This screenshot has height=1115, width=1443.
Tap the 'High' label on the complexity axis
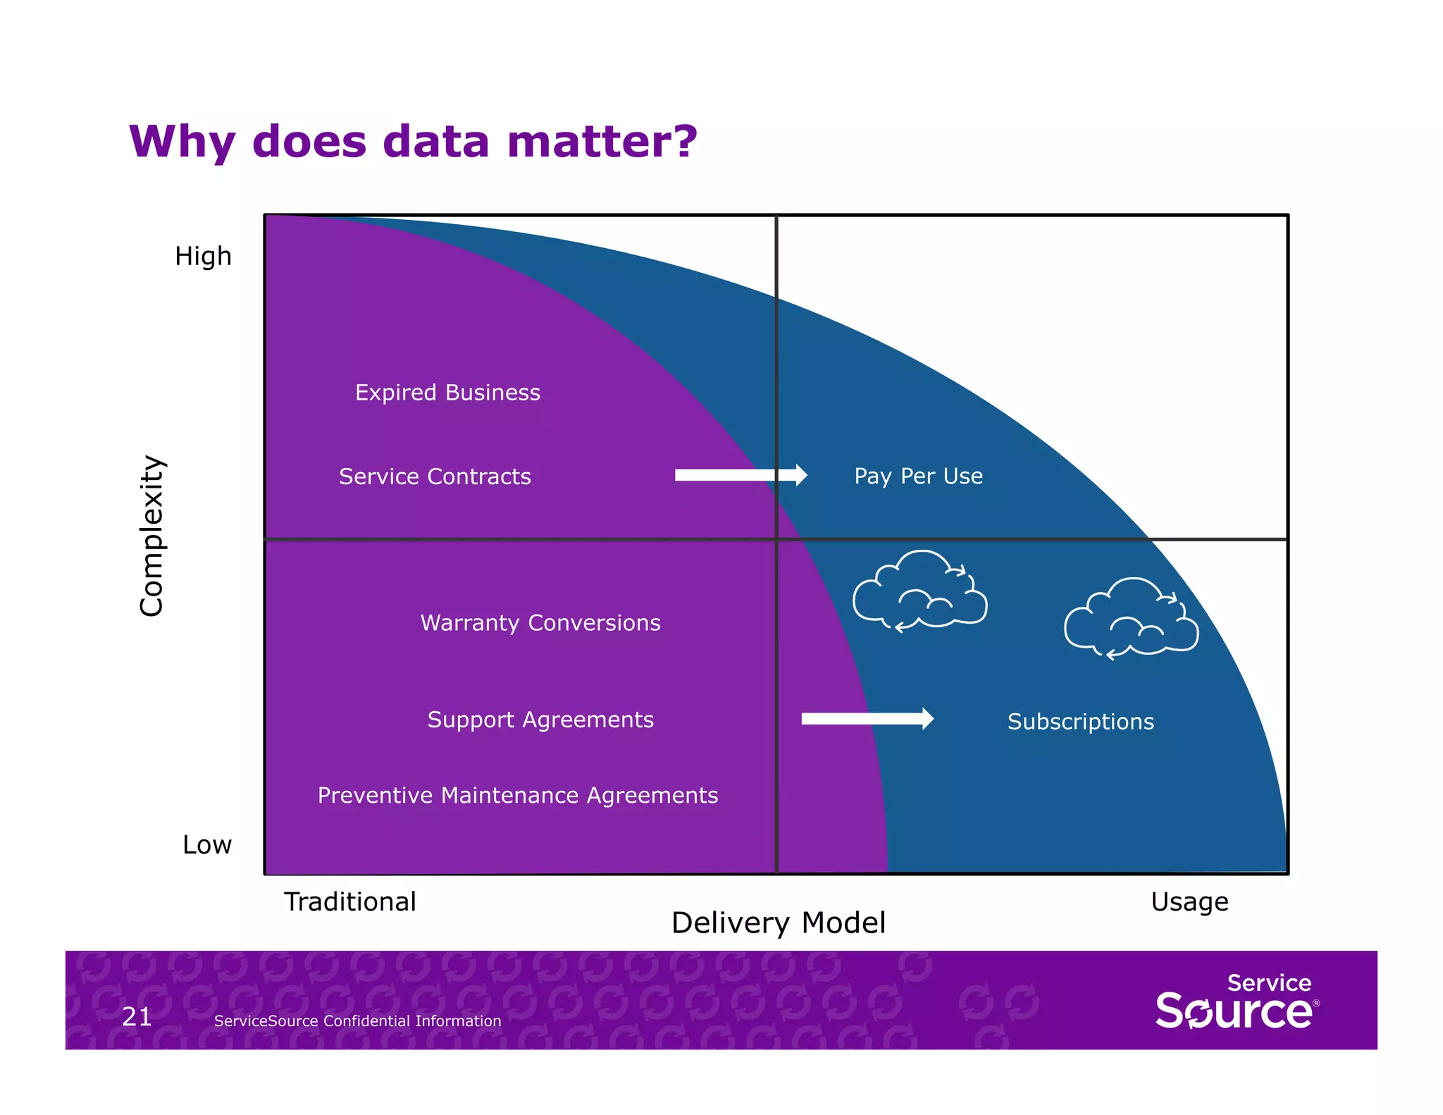tap(203, 256)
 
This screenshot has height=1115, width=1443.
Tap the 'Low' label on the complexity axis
tap(206, 844)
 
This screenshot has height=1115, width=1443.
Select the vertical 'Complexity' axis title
tap(151, 536)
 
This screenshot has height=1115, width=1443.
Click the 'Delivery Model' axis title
tap(778, 923)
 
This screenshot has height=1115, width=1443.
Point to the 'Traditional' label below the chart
tap(349, 901)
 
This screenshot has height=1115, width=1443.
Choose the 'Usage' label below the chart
tap(1189, 901)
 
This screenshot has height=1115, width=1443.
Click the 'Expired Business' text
tap(447, 393)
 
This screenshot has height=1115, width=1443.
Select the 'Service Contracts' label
tap(435, 476)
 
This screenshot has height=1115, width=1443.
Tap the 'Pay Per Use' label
tap(918, 476)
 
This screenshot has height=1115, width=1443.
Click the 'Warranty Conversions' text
tap(540, 623)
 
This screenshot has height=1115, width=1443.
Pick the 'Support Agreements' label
tap(540, 720)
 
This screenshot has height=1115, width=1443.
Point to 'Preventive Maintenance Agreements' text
tap(518, 795)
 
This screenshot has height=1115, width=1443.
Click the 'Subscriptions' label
tap(1080, 722)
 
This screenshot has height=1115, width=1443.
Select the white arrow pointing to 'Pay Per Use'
tap(740, 475)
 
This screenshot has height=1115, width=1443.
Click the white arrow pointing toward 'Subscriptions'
tap(867, 719)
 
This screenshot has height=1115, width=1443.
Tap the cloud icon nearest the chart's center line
tap(919, 591)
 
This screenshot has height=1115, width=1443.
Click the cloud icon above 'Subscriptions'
tap(1130, 619)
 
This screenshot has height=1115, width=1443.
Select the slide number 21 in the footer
tap(137, 1016)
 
